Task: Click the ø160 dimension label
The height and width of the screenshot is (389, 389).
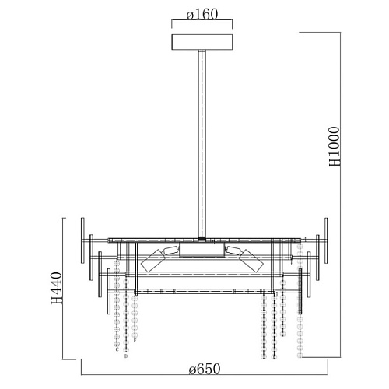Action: coord(202,15)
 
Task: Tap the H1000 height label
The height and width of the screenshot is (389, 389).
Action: coord(335,146)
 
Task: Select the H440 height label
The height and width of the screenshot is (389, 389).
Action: coord(57,288)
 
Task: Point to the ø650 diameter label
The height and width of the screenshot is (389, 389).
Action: coord(205,369)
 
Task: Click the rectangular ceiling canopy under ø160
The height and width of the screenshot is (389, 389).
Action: coord(202,41)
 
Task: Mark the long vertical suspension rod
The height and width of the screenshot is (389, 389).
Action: coord(202,143)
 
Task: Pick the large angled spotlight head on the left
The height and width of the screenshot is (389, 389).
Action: coord(152,261)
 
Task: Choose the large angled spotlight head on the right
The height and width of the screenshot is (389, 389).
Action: coord(251,261)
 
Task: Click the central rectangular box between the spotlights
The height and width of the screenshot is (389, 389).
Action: coord(202,250)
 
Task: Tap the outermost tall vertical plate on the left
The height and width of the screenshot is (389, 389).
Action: coord(82,240)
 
